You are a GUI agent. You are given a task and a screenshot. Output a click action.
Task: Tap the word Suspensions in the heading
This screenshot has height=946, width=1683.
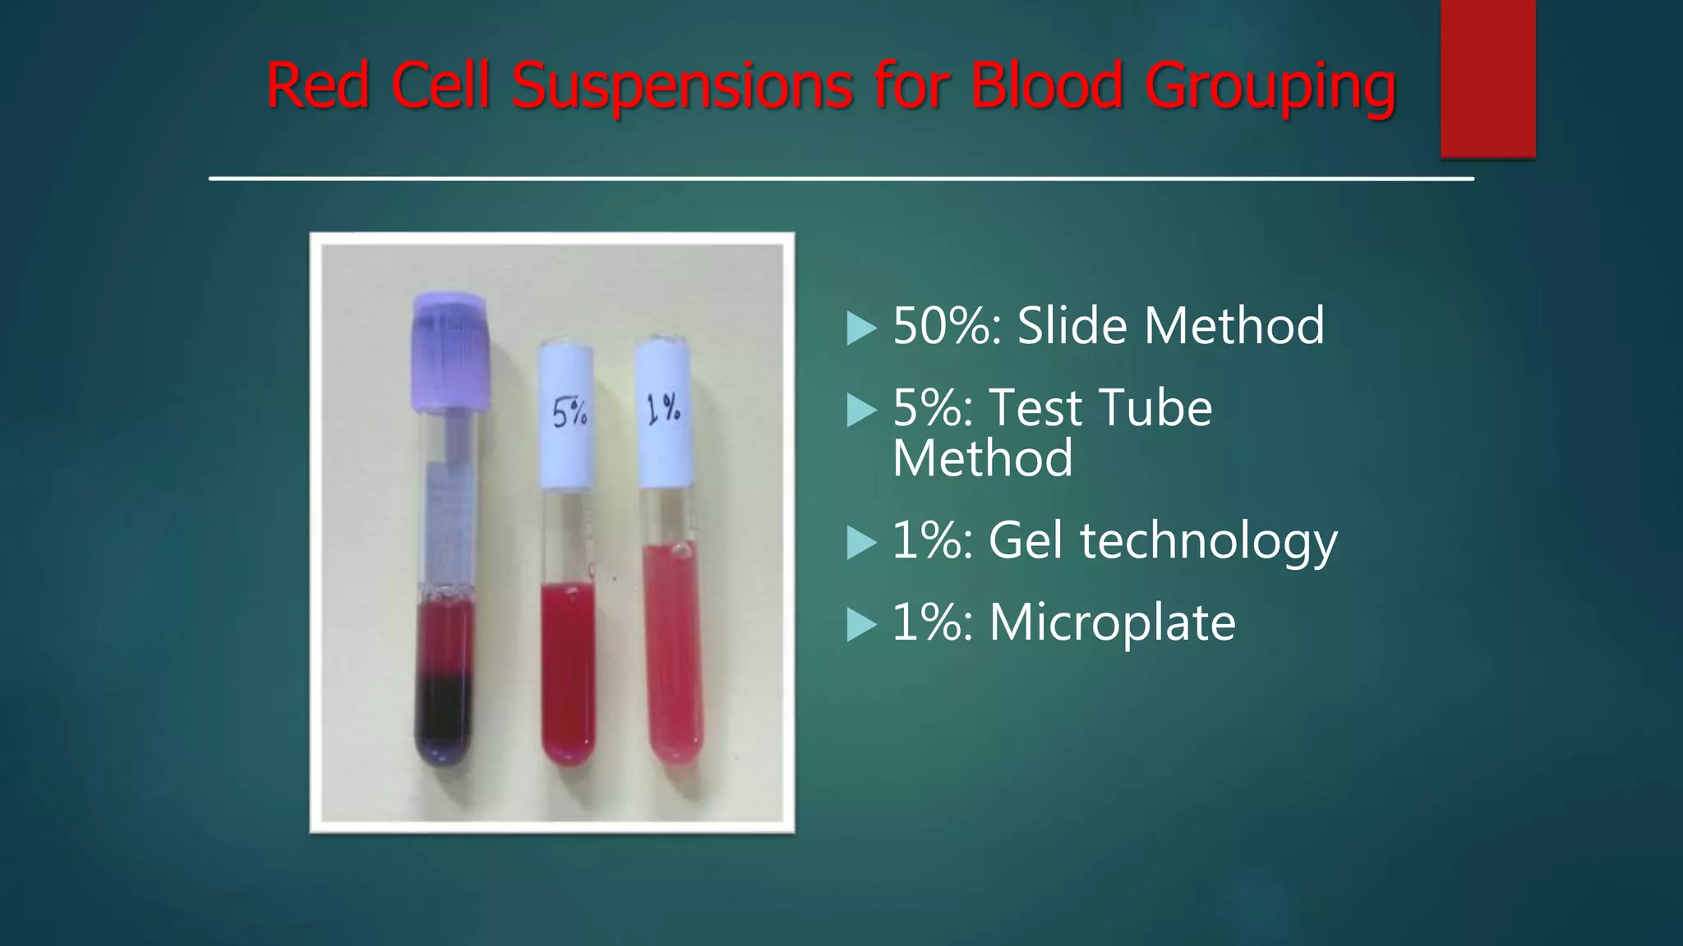682,86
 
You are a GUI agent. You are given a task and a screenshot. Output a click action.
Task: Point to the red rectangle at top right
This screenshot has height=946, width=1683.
1487,78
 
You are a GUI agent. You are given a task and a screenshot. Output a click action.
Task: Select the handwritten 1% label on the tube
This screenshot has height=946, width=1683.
663,408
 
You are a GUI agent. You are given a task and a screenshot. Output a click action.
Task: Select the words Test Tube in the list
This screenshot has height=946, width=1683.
1100,407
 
